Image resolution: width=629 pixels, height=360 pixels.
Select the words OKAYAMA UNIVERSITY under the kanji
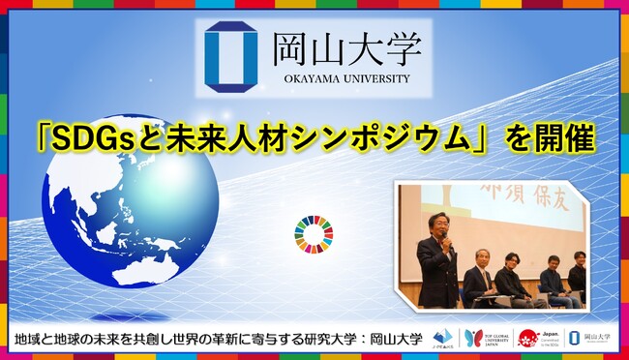[343, 78]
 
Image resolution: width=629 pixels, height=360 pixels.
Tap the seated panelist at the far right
[578, 276]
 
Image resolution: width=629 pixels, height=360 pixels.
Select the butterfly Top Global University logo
[474, 338]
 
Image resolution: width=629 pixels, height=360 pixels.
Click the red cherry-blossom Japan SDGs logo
[527, 338]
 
